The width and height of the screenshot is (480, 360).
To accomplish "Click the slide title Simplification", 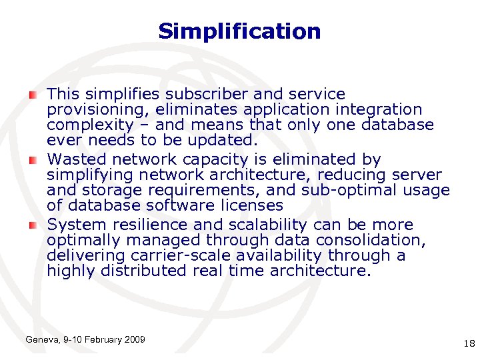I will (x=239, y=31).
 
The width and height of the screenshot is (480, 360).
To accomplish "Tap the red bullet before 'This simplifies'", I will (x=33, y=95).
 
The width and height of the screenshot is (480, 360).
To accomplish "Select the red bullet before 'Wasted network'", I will (x=33, y=160).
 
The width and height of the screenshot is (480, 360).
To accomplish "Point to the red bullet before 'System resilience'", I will (x=33, y=225).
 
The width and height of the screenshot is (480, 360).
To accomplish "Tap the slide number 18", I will (x=467, y=343).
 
